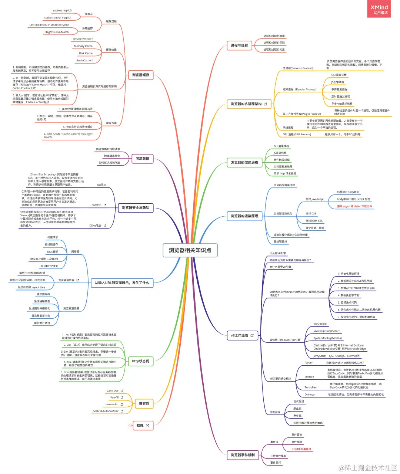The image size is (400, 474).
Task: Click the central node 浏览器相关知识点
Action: [x=190, y=250]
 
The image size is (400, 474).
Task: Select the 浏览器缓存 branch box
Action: [x=141, y=75]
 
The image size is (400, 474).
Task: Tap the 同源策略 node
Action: [x=143, y=159]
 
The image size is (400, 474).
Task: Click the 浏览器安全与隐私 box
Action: [x=136, y=208]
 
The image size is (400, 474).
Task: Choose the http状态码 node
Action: [x=140, y=361]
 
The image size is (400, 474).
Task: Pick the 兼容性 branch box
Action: [x=144, y=404]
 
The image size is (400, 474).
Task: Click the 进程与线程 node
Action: [x=239, y=45]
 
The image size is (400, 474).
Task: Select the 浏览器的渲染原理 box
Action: [x=244, y=216]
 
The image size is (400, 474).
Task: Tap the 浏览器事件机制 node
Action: [x=243, y=455]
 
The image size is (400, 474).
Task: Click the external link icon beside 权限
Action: [x=147, y=426]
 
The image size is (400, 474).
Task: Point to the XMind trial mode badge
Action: [x=379, y=10]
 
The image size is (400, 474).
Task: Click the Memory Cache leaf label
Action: [x=83, y=46]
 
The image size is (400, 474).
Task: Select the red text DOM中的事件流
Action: [x=301, y=449]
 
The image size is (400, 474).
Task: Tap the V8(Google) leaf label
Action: [x=320, y=324]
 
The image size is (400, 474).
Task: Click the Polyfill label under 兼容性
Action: [x=114, y=397]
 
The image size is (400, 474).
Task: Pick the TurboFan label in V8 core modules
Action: [x=310, y=387]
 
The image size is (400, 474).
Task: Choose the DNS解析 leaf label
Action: [x=52, y=252]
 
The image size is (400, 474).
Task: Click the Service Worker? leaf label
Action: [x=83, y=39]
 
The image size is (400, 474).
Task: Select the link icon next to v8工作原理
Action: [x=252, y=335]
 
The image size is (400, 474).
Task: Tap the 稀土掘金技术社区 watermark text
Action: [x=370, y=468]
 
